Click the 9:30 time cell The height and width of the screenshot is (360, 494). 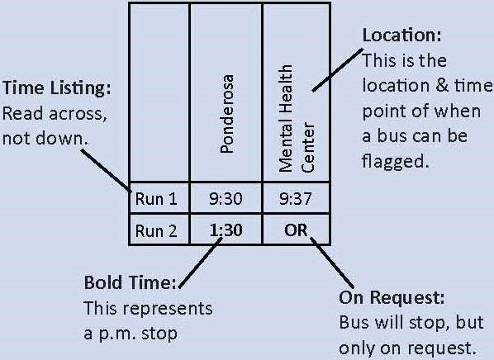226,199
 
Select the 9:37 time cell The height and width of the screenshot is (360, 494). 296,199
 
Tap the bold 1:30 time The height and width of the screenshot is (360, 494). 226,230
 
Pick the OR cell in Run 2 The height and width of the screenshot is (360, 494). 296,230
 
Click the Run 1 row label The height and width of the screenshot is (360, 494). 156,199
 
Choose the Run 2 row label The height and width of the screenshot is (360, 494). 156,231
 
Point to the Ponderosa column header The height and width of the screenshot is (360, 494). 227,114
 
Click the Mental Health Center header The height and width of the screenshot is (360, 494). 296,118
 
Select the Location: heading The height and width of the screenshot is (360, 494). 402,35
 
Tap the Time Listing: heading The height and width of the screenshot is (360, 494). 57,88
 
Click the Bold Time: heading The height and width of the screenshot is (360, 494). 131,282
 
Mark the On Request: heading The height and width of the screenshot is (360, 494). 392,297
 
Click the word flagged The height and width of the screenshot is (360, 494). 396,162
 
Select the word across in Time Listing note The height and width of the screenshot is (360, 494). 77,114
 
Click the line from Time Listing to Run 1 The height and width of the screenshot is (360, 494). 107,170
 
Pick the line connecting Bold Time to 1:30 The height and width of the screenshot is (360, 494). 201,263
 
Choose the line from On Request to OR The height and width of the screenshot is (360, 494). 332,263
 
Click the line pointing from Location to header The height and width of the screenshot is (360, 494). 337,70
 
